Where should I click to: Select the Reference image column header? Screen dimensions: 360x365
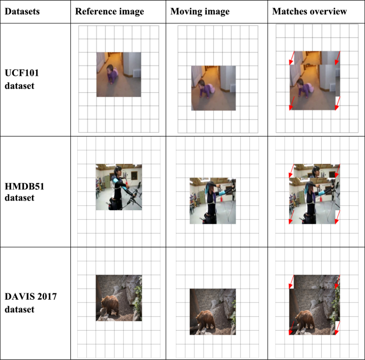coord(109,12)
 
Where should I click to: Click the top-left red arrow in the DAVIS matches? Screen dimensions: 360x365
coord(291,282)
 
